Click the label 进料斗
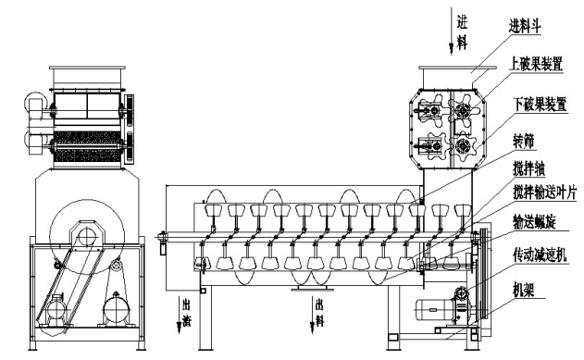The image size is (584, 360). (525, 27)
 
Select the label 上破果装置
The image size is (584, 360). (536, 64)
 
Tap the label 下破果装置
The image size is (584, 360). (541, 104)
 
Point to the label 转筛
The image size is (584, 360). (524, 142)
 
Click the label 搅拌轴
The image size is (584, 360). (529, 169)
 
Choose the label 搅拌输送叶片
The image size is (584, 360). (545, 192)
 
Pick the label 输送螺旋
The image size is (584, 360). (534, 222)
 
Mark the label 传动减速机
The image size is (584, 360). (540, 255)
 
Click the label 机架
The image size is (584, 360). (524, 290)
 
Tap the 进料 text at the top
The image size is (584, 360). (462, 34)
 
